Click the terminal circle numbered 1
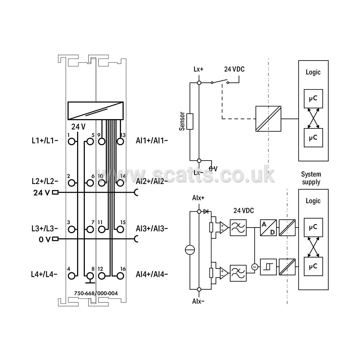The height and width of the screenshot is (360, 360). [71, 142]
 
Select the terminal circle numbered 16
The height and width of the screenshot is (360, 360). [120, 276]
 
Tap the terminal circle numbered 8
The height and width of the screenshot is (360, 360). [90, 276]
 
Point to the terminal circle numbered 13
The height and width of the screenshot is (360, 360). [120, 142]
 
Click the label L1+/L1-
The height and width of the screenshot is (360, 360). [45, 141]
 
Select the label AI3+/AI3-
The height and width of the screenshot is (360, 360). [152, 228]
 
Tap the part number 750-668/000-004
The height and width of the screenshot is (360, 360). [96, 293]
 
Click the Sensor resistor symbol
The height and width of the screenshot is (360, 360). [190, 122]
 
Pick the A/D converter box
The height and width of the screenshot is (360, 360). [268, 228]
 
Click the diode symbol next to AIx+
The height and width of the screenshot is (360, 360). [206, 211]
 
